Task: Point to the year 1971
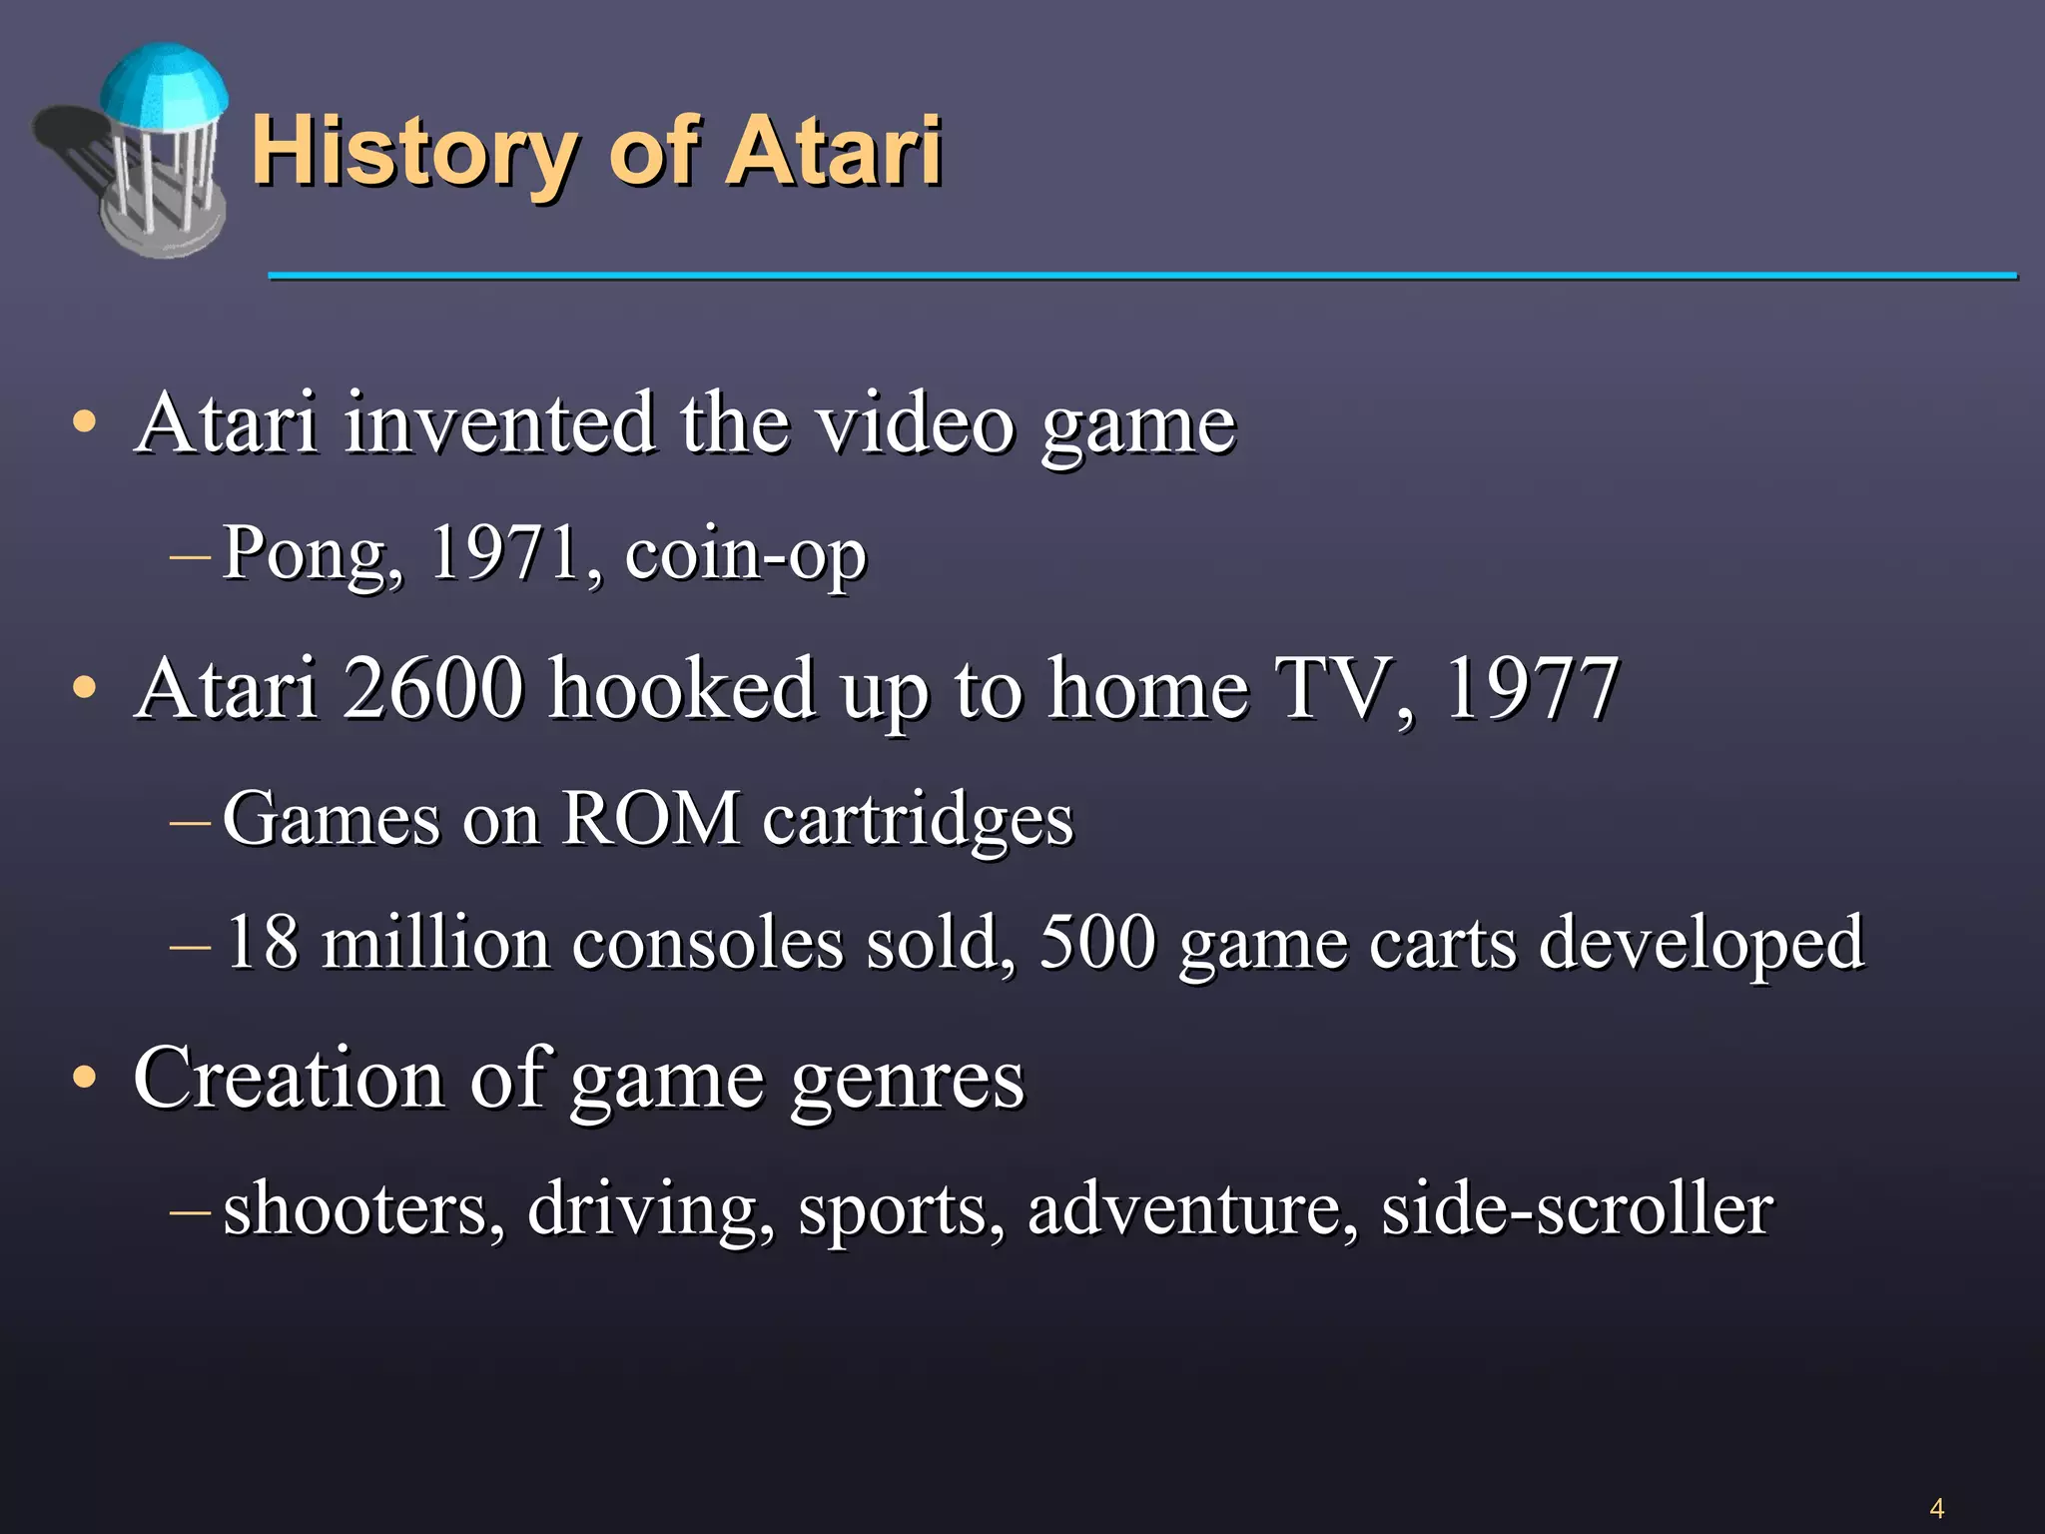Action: pos(505,551)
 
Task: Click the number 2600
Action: pos(433,688)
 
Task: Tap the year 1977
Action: pos(1530,688)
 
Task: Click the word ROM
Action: pos(650,819)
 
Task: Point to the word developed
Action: pos(1701,944)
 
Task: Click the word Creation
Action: pos(289,1078)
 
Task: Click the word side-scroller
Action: pos(1577,1209)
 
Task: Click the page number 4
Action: pos(1936,1508)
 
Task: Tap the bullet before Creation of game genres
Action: pos(85,1079)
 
